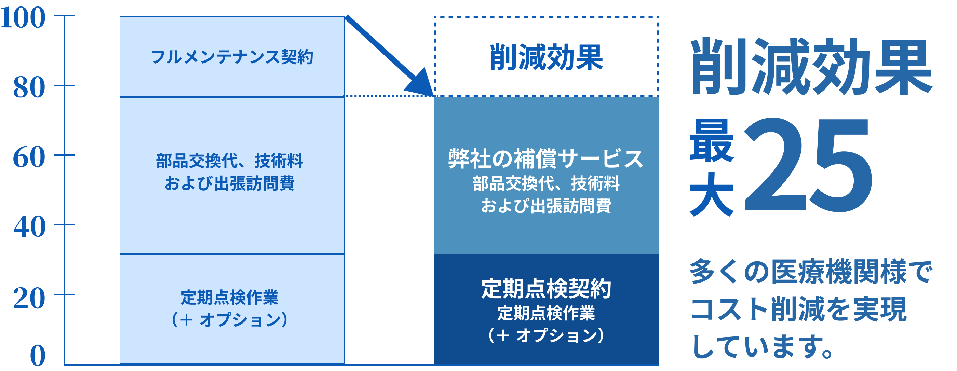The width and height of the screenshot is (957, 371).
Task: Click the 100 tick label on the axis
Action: pos(23,17)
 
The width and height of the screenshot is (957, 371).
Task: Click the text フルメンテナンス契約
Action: pos(232,57)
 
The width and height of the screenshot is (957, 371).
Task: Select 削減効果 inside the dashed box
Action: pos(547,57)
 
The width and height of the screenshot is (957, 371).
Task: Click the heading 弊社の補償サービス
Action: pos(546,159)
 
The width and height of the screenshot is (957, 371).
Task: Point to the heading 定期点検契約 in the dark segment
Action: pos(546,289)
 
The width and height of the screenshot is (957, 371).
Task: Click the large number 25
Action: pos(808,165)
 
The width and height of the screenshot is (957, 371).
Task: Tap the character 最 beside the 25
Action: pos(712,140)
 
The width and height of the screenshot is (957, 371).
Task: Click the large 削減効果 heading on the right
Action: pos(811,67)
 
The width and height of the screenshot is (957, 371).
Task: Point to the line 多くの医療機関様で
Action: pos(811,272)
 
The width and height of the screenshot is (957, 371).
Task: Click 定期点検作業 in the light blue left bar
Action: pos(230,298)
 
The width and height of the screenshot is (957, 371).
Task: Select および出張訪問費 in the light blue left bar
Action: pos(230,183)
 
